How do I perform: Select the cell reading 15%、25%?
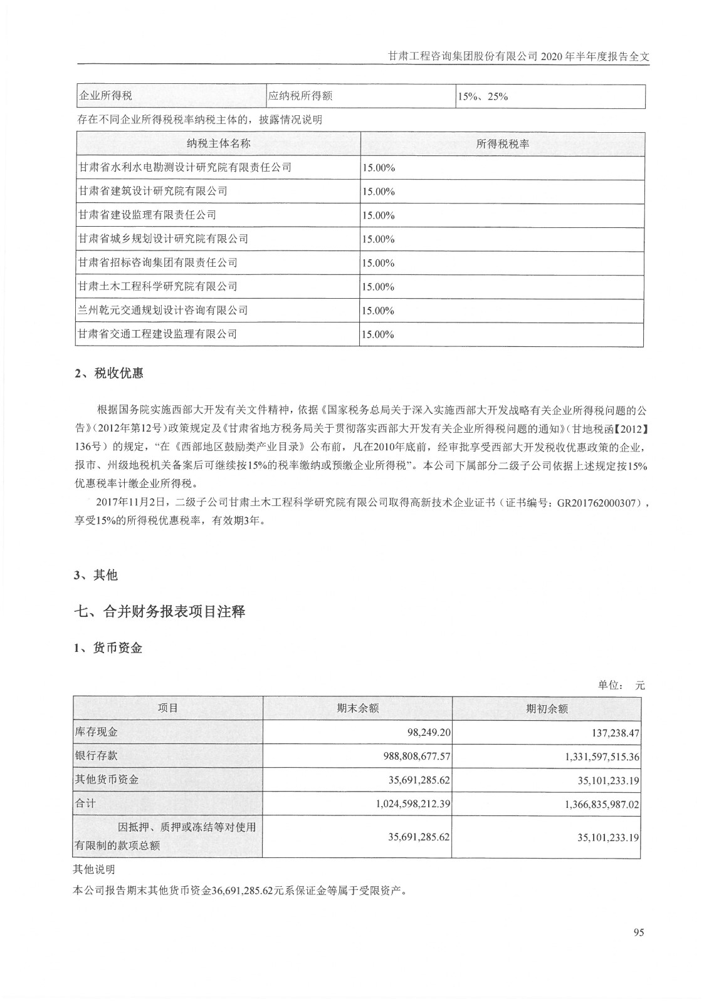483,96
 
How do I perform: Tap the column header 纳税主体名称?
218,143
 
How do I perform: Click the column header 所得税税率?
502,143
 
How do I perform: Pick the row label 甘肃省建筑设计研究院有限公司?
152,191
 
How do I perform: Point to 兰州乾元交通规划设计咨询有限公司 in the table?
162,310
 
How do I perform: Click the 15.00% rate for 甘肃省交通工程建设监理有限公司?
377,334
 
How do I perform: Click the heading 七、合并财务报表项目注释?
159,611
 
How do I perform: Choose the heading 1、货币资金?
108,648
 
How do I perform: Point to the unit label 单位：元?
621,686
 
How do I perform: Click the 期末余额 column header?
357,708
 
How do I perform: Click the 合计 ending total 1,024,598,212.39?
414,803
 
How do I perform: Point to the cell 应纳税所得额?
300,96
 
